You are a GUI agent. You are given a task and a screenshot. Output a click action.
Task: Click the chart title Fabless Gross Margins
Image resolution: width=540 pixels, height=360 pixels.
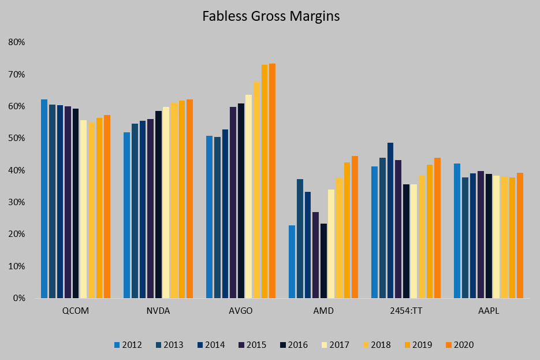click(x=270, y=16)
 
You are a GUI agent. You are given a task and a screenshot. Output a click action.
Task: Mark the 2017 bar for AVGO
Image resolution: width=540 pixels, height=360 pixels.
click(x=248, y=196)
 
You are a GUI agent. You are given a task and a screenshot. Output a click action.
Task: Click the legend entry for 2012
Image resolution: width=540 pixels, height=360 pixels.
click(x=127, y=345)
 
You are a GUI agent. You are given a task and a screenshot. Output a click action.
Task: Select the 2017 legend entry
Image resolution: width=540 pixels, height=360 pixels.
click(x=335, y=345)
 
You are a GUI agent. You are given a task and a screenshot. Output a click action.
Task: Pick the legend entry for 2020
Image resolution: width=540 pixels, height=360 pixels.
click(x=459, y=345)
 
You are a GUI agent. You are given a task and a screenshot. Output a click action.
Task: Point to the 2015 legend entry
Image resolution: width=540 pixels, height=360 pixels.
click(x=252, y=345)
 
